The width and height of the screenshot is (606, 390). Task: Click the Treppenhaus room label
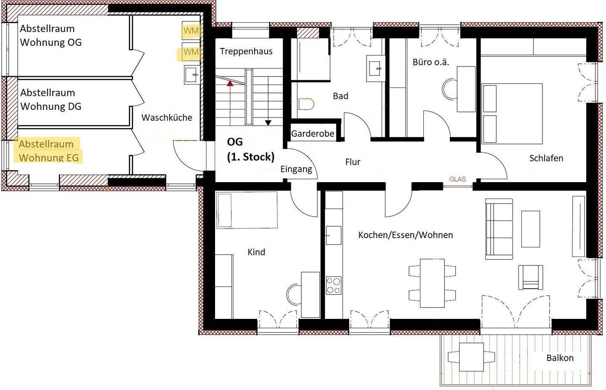click(246, 51)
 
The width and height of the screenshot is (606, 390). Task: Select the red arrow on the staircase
click(230, 83)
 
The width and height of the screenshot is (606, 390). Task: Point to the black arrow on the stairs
click(268, 123)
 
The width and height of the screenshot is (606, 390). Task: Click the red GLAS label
click(457, 179)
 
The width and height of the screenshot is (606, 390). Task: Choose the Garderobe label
click(312, 134)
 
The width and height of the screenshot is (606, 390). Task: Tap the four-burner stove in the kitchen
click(334, 286)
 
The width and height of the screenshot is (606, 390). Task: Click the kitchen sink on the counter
click(334, 235)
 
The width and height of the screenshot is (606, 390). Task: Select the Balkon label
click(560, 358)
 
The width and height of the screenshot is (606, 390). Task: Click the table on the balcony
click(471, 357)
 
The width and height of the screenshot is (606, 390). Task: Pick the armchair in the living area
click(531, 277)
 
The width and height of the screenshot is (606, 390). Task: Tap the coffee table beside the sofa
click(531, 229)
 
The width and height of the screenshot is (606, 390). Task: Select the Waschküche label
click(167, 118)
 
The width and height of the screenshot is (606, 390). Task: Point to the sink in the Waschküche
click(192, 74)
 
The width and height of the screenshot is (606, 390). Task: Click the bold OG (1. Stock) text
click(250, 149)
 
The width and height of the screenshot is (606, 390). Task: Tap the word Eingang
click(296, 169)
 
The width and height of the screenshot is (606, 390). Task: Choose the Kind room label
click(256, 252)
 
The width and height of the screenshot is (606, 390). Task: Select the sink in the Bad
click(376, 69)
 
